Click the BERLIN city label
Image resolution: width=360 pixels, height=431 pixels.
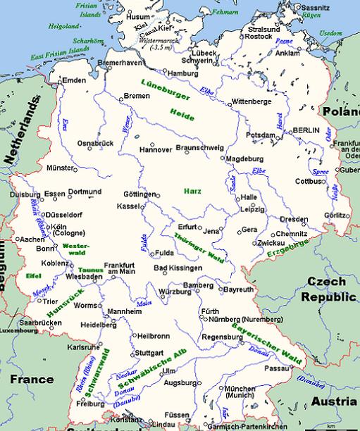pos(306,131)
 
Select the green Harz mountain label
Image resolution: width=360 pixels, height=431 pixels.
pos(192,191)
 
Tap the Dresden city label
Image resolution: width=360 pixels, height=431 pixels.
pos(294,218)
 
